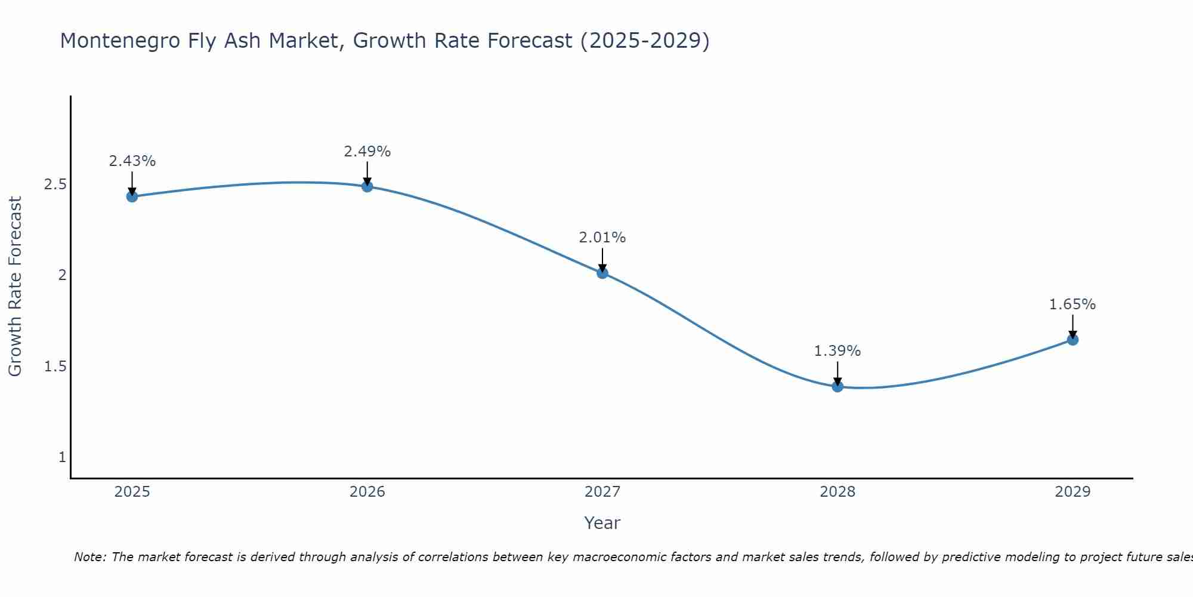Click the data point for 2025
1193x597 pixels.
[x=132, y=196]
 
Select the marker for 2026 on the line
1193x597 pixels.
[x=367, y=186]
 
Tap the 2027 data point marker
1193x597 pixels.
[x=602, y=273]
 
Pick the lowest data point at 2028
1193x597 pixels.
[x=837, y=386]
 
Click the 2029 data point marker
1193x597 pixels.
[x=1072, y=340]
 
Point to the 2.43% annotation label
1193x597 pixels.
[x=132, y=161]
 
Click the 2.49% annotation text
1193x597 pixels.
[x=367, y=152]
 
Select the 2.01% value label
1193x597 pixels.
[x=602, y=238]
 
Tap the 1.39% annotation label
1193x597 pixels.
[x=837, y=351]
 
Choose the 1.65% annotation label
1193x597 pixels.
[x=1072, y=304]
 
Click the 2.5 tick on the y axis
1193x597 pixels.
[x=55, y=184]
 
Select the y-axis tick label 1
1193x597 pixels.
[x=62, y=457]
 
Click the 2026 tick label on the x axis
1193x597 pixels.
[x=367, y=492]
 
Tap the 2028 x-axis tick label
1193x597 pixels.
[x=837, y=492]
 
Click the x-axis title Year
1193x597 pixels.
[x=602, y=523]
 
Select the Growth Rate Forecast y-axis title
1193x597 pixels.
[x=15, y=287]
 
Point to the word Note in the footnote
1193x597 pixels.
[x=89, y=557]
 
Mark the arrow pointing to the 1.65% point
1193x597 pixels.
[x=1072, y=325]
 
